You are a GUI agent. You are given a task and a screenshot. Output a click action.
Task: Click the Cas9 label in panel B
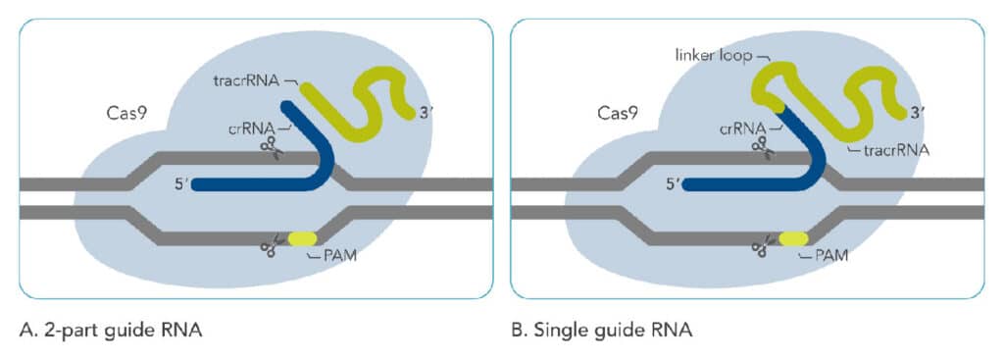click(x=618, y=113)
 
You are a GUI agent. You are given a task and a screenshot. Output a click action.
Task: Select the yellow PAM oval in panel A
click(x=302, y=238)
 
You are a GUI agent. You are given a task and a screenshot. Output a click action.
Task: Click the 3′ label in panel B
click(x=918, y=113)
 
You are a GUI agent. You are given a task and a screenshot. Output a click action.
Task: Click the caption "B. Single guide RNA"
click(x=602, y=332)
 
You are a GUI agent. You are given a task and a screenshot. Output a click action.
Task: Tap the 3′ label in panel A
click(x=426, y=113)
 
